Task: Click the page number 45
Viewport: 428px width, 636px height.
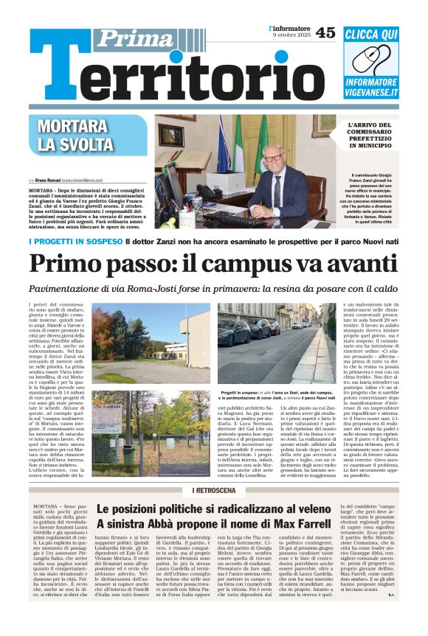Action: click(325, 33)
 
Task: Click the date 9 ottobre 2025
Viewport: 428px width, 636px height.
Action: click(291, 37)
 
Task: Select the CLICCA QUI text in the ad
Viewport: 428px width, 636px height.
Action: click(381, 35)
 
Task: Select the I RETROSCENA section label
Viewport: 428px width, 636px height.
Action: click(214, 490)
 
